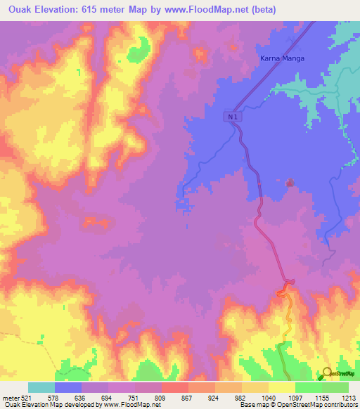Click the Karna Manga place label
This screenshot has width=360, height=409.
tap(282, 58)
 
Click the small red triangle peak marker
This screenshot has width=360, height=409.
tap(290, 183)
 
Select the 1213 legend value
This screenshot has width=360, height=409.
tap(349, 398)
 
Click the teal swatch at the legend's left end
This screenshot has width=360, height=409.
tap(41, 387)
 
